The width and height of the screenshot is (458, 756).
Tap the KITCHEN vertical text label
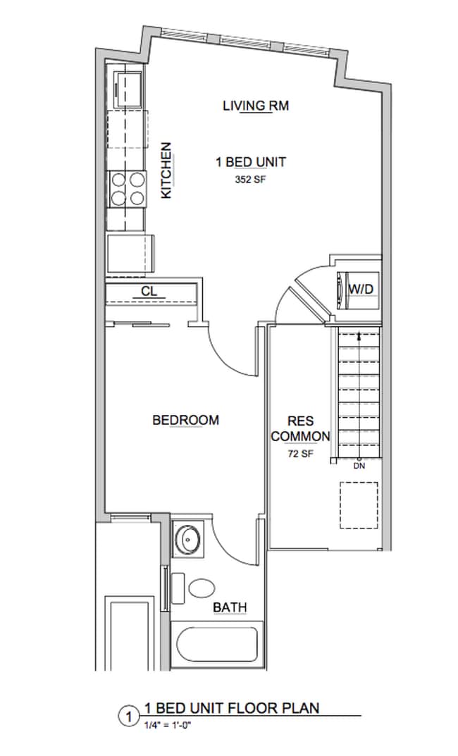point(167,171)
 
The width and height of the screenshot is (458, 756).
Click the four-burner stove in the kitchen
point(127,189)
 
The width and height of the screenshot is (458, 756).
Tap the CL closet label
point(149,290)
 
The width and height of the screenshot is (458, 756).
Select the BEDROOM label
point(185,420)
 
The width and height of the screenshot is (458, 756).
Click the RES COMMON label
point(299,428)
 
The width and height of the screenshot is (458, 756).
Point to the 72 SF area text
point(300,454)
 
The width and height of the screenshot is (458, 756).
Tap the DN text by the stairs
point(359,466)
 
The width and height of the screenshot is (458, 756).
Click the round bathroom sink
point(188,540)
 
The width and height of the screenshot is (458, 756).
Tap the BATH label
point(229,607)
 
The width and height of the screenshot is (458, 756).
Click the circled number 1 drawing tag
point(128,718)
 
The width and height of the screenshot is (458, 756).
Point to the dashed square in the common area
point(359,504)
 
